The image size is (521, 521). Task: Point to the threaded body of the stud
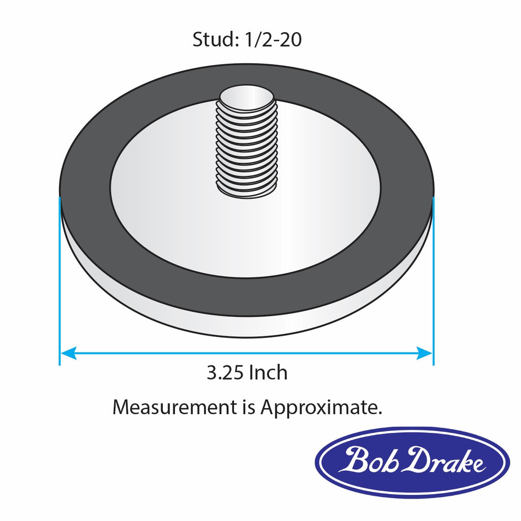[x=247, y=148]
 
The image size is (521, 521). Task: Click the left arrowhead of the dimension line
[x=68, y=353]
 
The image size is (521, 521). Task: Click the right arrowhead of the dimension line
[x=424, y=353]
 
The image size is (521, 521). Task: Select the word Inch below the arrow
[x=268, y=373]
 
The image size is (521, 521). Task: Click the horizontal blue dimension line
[x=244, y=353]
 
